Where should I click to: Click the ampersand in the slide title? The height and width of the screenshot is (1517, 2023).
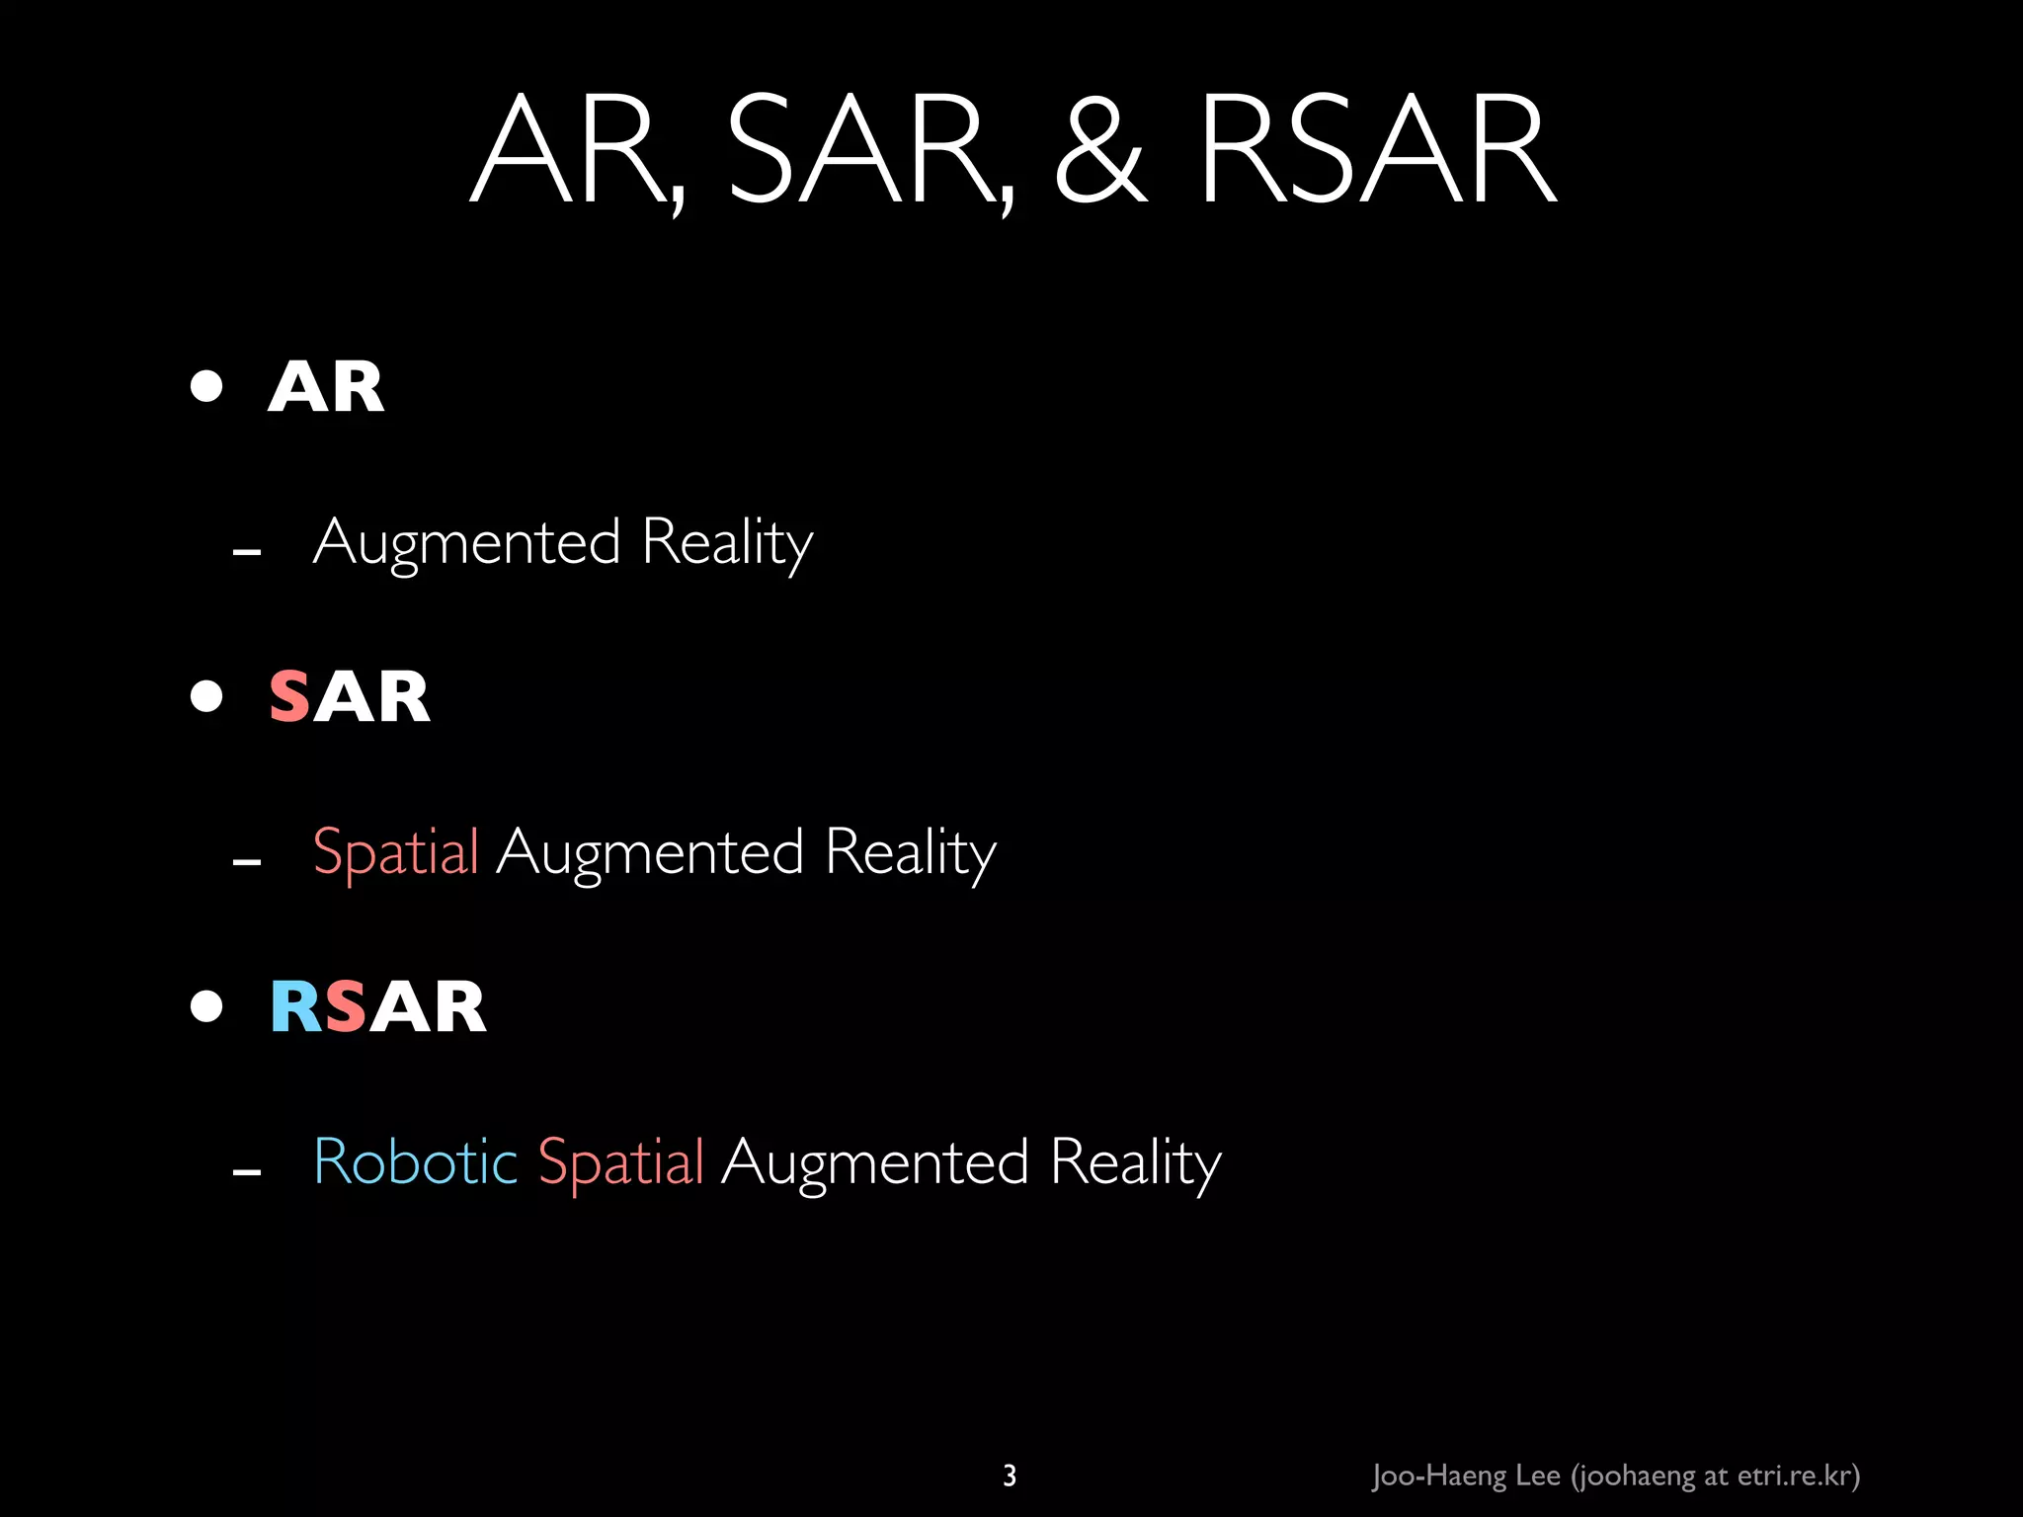point(1100,150)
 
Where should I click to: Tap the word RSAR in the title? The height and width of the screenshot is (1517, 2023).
point(1377,150)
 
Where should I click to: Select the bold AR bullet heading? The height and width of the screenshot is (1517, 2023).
point(326,387)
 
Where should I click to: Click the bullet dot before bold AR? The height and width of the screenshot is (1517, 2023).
point(206,386)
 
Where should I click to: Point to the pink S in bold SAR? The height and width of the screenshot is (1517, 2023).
point(289,697)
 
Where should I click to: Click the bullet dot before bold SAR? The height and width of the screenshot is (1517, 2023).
point(206,696)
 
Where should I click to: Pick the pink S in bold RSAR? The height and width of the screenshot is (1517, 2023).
point(345,1007)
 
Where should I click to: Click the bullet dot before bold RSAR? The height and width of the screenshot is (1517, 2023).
point(206,1006)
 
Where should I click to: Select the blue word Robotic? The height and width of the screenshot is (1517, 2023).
point(415,1161)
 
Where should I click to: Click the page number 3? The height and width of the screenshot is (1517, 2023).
point(1010,1476)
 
